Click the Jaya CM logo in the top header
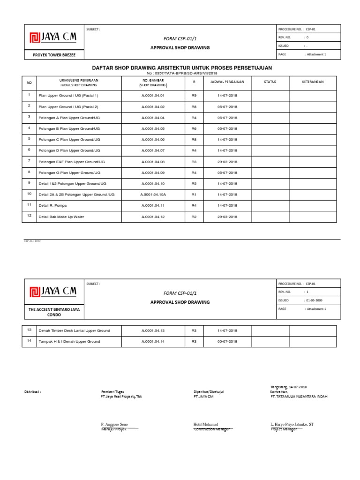coord(52,37)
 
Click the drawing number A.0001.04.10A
coord(153,194)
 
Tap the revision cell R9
coord(194,95)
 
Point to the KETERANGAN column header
coord(313,82)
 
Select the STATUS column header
coord(270,82)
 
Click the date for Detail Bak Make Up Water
coord(227,217)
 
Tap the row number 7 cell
coord(29,161)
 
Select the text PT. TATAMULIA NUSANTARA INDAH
coord(299,396)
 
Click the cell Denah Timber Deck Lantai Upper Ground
coord(74,330)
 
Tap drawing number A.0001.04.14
coord(153,342)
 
